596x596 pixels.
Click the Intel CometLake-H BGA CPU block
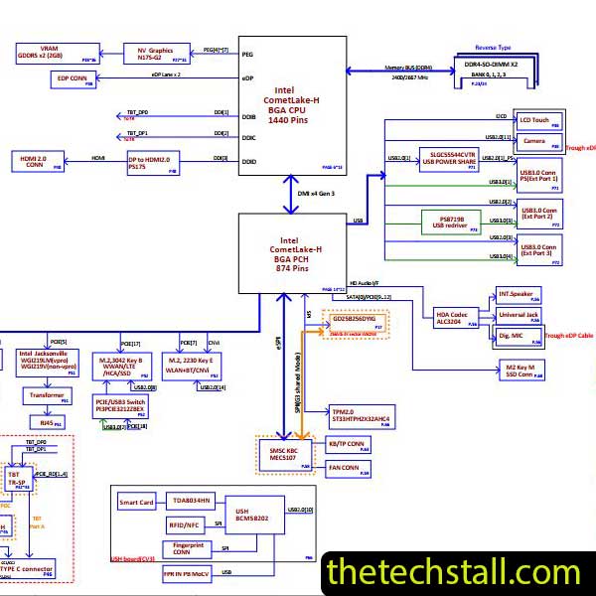[291, 105]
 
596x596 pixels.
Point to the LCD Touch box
[539, 120]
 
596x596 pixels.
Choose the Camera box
[533, 141]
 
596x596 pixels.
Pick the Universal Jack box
[520, 315]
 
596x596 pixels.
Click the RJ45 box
[45, 422]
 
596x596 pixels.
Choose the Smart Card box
[137, 503]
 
